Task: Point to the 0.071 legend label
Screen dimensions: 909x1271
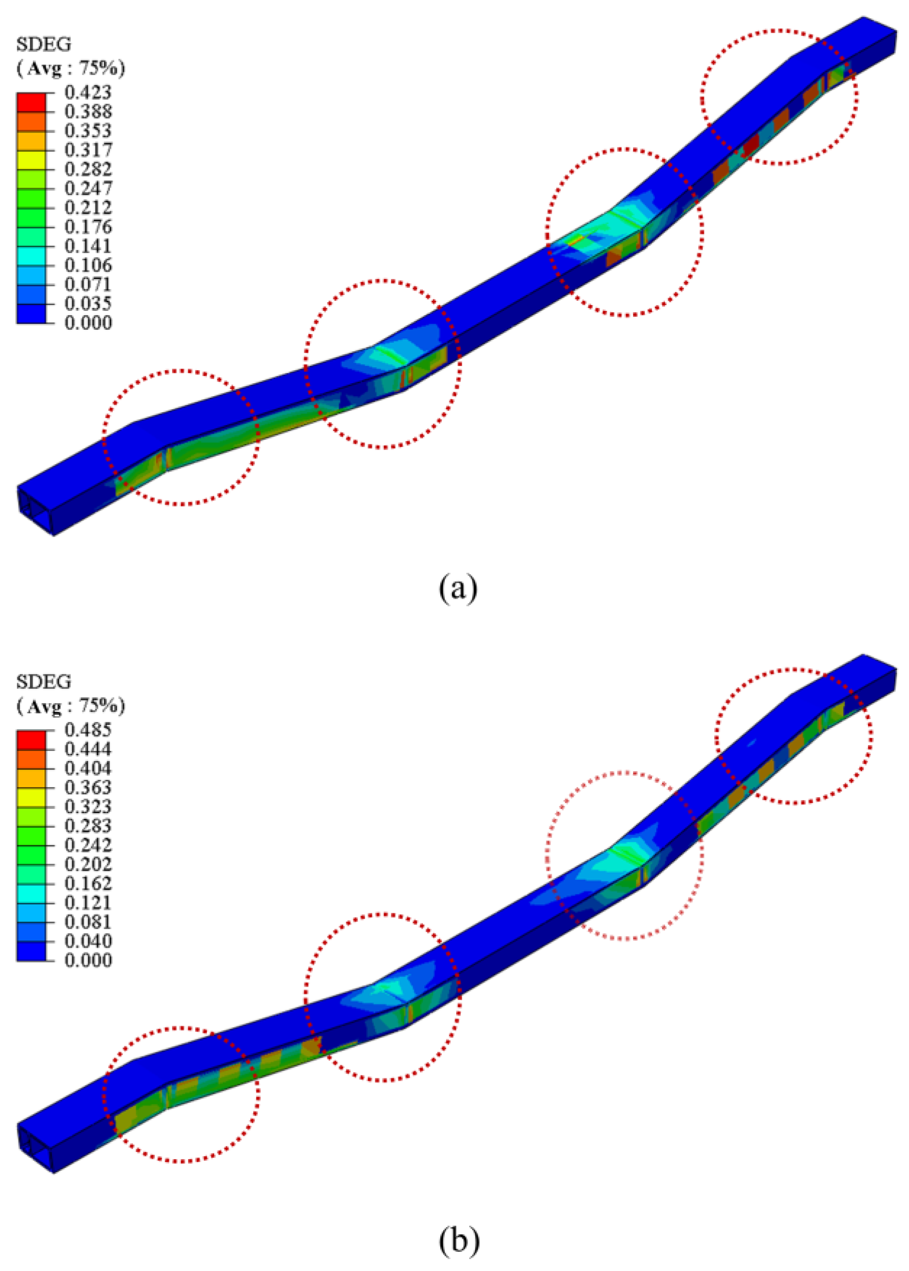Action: pos(88,284)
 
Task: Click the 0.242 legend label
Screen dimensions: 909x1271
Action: pos(88,845)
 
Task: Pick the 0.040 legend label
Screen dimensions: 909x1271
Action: pos(88,941)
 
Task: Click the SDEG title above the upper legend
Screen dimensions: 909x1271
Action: pos(44,44)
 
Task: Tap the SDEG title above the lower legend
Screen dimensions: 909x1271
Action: pos(44,682)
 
